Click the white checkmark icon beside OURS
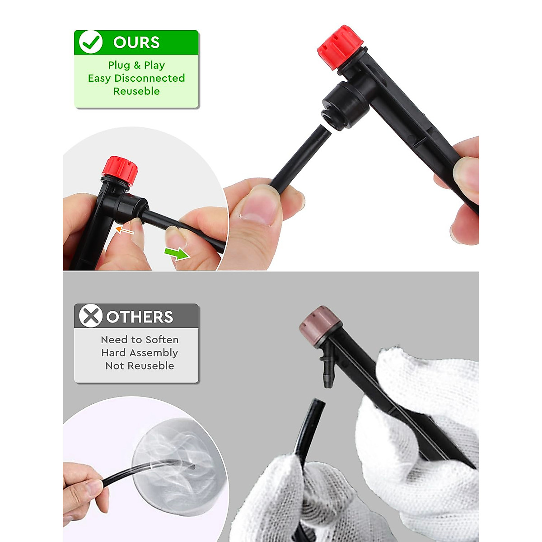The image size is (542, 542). point(90,42)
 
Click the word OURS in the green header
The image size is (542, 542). point(136,42)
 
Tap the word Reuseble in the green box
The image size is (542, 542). point(136,91)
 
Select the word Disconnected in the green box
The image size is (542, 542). point(150,78)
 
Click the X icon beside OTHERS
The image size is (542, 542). point(90,316)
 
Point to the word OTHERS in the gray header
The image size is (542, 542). point(140,317)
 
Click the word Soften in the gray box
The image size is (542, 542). point(162,340)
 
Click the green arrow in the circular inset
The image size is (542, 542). point(177,253)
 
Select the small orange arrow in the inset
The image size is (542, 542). point(125,231)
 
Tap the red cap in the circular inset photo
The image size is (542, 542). point(120,170)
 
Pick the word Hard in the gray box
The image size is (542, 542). point(114,353)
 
